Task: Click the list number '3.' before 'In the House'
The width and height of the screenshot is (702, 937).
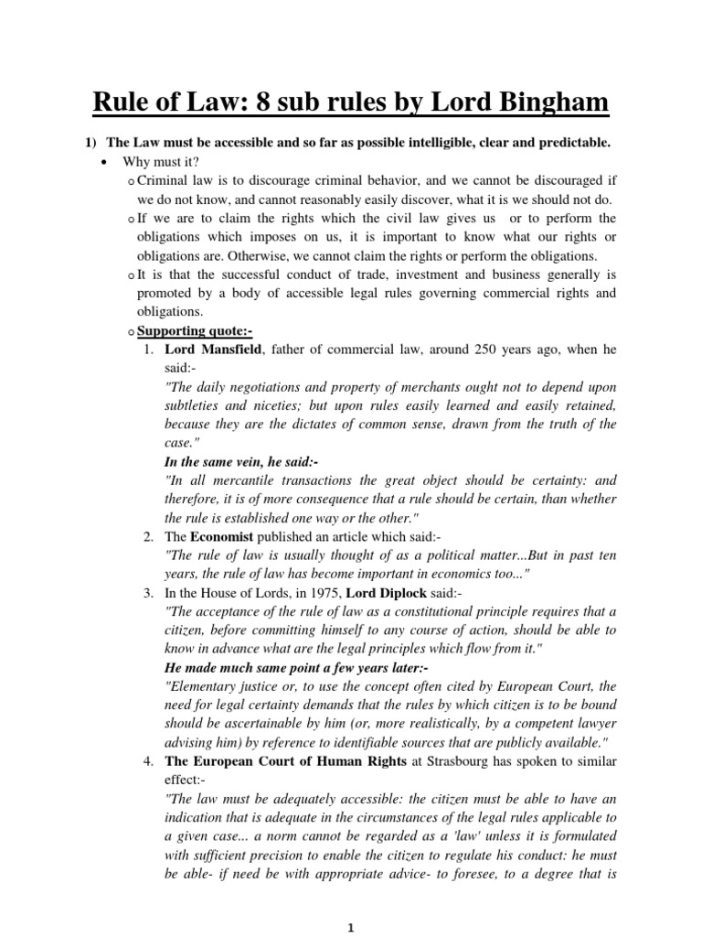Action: (x=148, y=593)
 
